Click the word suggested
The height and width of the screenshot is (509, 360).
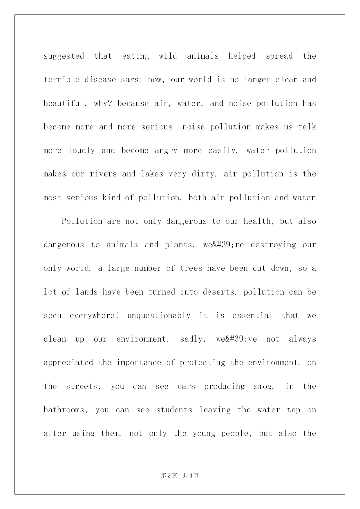[x=64, y=56]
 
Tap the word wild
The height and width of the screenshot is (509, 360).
[x=168, y=56]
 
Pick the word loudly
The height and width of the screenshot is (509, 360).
[x=82, y=151]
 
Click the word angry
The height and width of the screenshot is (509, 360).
[x=166, y=151]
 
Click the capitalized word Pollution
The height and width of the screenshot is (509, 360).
[x=82, y=221]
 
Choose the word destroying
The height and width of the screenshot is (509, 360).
[x=273, y=245]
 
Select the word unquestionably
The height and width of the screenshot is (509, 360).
[x=159, y=316]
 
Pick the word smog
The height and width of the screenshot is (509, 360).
[x=264, y=387]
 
